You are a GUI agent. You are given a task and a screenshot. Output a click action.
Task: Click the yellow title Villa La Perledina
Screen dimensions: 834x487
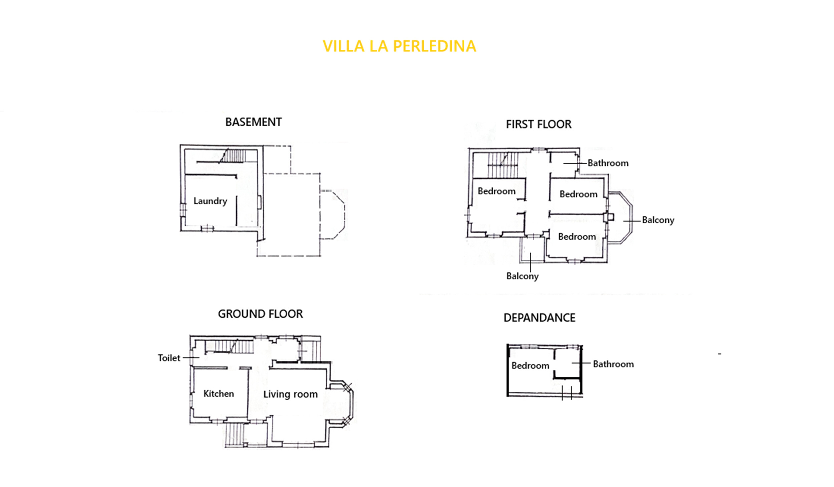pos(399,46)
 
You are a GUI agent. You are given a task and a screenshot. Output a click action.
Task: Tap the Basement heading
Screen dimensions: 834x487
pos(254,122)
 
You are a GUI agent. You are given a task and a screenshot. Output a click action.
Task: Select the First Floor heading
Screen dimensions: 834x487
pos(538,124)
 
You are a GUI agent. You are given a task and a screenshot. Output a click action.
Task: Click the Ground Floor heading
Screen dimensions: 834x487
pos(260,314)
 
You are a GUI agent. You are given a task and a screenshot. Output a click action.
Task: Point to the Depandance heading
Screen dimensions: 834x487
pos(539,318)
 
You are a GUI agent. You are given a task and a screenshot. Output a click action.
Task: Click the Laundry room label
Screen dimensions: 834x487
pos(210,201)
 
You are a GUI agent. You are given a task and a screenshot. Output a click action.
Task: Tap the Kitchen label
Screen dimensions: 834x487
pos(219,394)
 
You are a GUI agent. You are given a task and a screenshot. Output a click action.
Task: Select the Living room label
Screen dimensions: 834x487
pos(290,394)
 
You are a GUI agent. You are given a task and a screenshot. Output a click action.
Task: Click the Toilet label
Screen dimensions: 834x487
pos(169,358)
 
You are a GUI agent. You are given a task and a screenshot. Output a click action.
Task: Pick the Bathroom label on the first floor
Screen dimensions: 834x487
pos(608,163)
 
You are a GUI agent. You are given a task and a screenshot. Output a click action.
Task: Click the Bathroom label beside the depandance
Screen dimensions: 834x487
pos(613,364)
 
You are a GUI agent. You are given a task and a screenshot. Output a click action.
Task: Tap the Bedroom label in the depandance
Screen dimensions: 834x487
pos(530,366)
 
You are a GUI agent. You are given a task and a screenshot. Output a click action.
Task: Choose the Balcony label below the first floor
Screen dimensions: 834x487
pos(522,276)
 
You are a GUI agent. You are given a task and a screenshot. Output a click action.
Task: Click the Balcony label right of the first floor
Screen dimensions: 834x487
pos(658,220)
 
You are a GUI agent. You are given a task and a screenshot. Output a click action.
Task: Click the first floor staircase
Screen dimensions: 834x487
pos(503,165)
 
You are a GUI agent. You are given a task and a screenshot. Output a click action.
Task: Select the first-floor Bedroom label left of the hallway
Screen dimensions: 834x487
pos(496,191)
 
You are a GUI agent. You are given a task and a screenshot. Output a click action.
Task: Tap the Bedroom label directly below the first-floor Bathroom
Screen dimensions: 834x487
pos(578,194)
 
